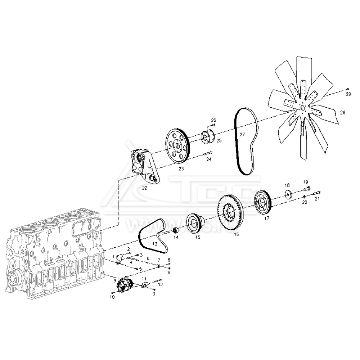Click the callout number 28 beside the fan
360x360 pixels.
coord(342,113)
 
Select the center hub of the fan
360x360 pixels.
coord(302,107)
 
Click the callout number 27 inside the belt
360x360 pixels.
coord(242,134)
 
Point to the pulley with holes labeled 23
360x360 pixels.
coord(177,146)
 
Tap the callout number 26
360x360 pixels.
coord(213,120)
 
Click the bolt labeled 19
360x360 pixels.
coord(307,188)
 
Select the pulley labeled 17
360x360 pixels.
coord(262,204)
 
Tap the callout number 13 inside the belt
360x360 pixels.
coord(155,244)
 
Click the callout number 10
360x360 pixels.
coord(112,297)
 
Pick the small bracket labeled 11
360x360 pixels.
coord(145,285)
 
